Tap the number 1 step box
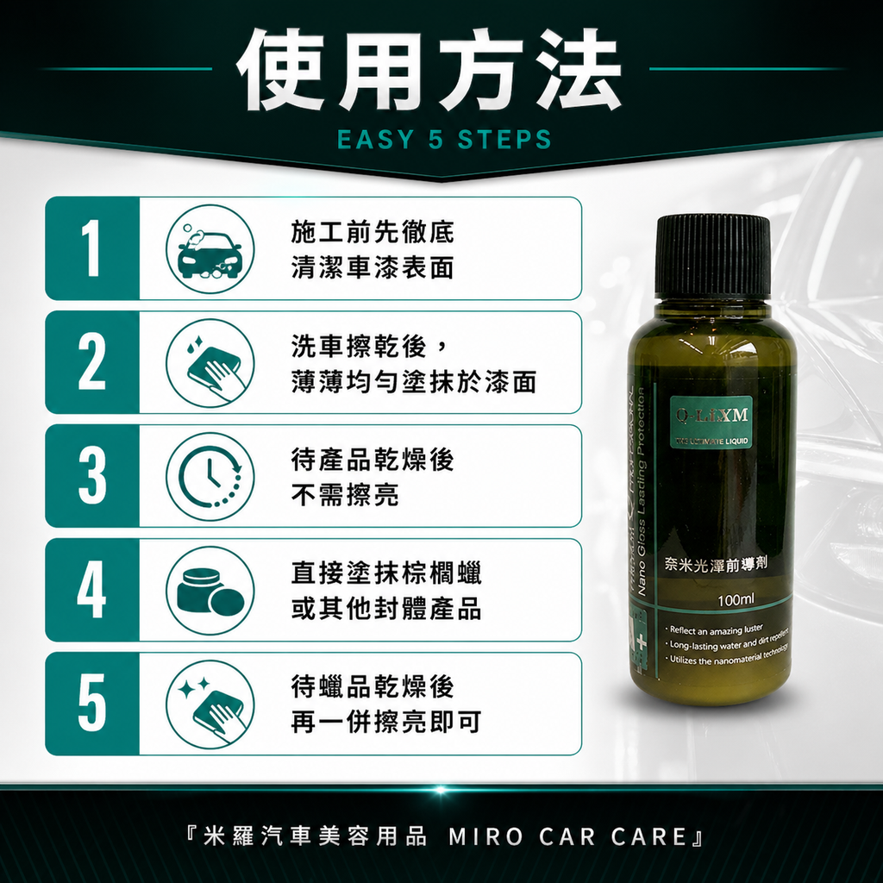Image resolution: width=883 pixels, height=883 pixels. (92, 248)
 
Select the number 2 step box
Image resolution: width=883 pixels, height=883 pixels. (92, 362)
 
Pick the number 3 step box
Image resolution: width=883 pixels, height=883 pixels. (92, 476)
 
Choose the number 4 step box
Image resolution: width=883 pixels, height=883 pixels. (92, 590)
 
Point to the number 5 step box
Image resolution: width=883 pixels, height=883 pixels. (92, 704)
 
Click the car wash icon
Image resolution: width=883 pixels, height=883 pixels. (210, 249)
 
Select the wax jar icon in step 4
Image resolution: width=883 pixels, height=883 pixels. (210, 591)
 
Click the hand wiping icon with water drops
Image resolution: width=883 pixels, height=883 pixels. (210, 363)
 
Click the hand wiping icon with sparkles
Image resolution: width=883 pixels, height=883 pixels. (210, 705)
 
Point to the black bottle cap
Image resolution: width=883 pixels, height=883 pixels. (712, 256)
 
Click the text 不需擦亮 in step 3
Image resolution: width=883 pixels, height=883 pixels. (345, 495)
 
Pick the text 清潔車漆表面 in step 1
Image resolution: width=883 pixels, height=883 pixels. (373, 267)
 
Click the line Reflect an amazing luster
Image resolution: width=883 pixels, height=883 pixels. (711, 630)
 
